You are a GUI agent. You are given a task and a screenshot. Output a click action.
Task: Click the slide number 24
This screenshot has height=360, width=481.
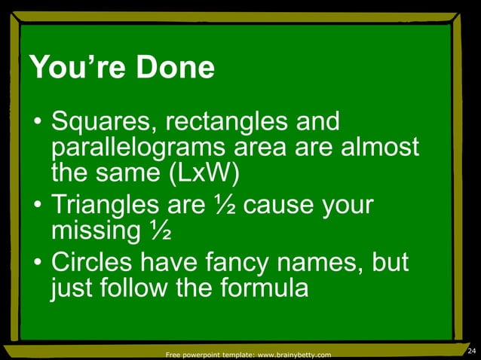pos(472,352)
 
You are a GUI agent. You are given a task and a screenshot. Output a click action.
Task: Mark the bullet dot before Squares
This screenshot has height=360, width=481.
pos(36,124)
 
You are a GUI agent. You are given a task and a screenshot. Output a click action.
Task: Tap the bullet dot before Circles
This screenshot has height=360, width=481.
pos(36,264)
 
